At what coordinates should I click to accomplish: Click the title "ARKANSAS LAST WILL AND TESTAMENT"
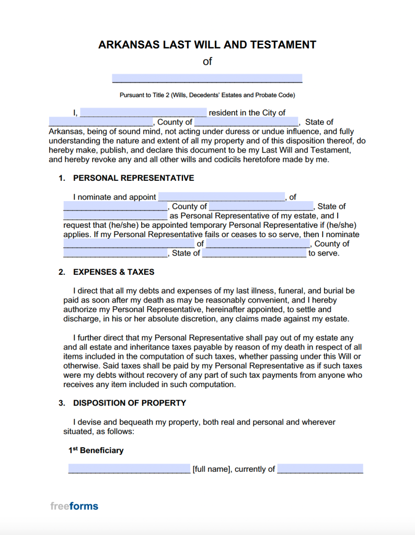207,45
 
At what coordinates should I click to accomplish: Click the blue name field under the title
207,78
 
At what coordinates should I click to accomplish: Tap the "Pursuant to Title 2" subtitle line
208,95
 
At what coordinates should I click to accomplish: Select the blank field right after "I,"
143,112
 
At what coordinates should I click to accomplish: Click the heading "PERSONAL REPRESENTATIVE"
133,178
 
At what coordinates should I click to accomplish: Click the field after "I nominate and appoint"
222,197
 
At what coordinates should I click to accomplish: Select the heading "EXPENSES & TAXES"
113,272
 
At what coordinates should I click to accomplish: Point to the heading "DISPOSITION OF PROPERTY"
130,403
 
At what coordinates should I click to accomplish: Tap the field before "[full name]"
129,469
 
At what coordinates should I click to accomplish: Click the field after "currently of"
320,469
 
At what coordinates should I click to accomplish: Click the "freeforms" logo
74,506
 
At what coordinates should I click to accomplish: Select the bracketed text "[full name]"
212,469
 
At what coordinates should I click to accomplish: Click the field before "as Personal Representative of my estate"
115,216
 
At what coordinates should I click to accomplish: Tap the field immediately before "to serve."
254,253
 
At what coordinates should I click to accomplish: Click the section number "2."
62,272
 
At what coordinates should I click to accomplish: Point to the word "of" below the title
208,62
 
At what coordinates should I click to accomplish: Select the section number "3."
62,403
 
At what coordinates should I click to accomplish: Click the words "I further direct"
99,338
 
